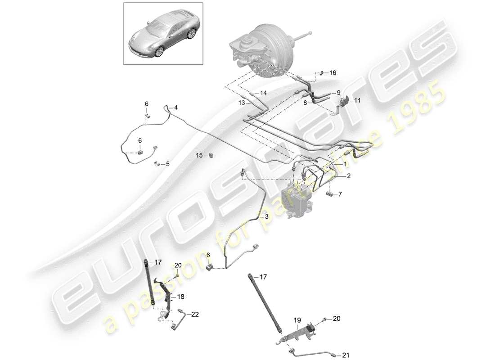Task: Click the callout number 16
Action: pos(333,72)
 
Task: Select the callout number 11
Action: pos(358,101)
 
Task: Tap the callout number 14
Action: pos(263,93)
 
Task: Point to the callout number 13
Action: pos(242,103)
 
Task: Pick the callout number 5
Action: pos(167,164)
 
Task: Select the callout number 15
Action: pos(199,155)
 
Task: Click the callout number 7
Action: pos(340,194)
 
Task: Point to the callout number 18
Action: pos(180,297)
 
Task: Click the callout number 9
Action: pos(338,93)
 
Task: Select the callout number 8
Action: pos(305,103)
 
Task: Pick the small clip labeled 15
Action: pos(211,156)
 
